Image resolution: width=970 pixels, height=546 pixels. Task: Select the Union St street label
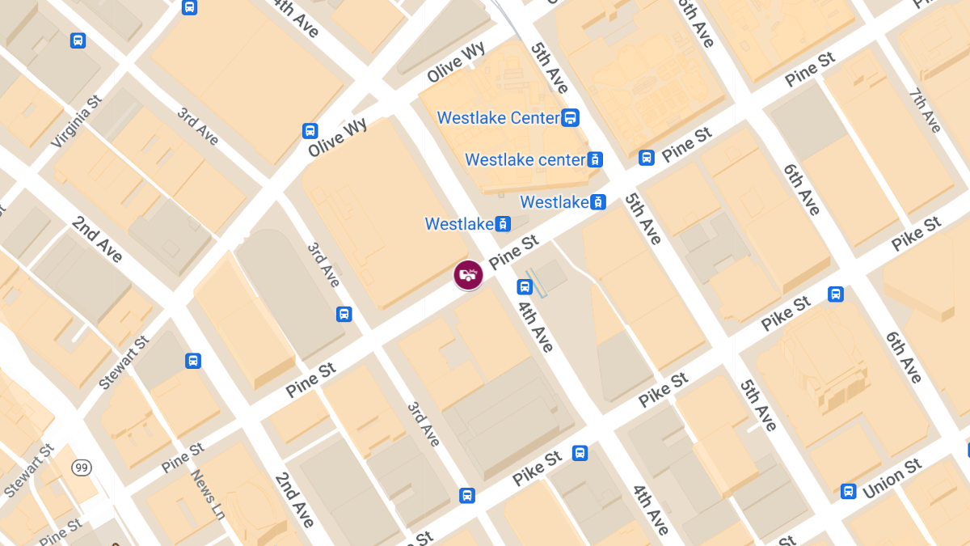(x=892, y=479)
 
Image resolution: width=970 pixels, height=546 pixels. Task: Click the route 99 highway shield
(x=81, y=468)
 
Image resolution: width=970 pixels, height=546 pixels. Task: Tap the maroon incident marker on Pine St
(x=468, y=275)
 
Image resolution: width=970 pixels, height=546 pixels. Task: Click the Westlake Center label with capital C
(x=498, y=118)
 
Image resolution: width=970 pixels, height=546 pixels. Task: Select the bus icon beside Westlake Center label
(x=571, y=118)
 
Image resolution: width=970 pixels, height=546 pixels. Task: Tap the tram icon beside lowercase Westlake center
(x=595, y=159)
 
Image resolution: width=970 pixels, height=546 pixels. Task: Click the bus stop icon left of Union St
(x=848, y=491)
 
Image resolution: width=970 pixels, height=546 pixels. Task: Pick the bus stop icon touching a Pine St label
(x=646, y=157)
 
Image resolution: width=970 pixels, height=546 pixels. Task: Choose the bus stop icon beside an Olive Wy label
(x=310, y=130)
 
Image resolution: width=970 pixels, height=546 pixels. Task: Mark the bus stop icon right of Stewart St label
(x=192, y=361)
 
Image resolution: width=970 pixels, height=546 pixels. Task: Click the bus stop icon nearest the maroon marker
(x=525, y=286)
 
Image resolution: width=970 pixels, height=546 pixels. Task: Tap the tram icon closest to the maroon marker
(x=503, y=224)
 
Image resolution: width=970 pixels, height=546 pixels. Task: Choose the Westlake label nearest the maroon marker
(x=459, y=224)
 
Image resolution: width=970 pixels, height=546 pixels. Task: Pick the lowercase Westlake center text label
(x=525, y=159)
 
